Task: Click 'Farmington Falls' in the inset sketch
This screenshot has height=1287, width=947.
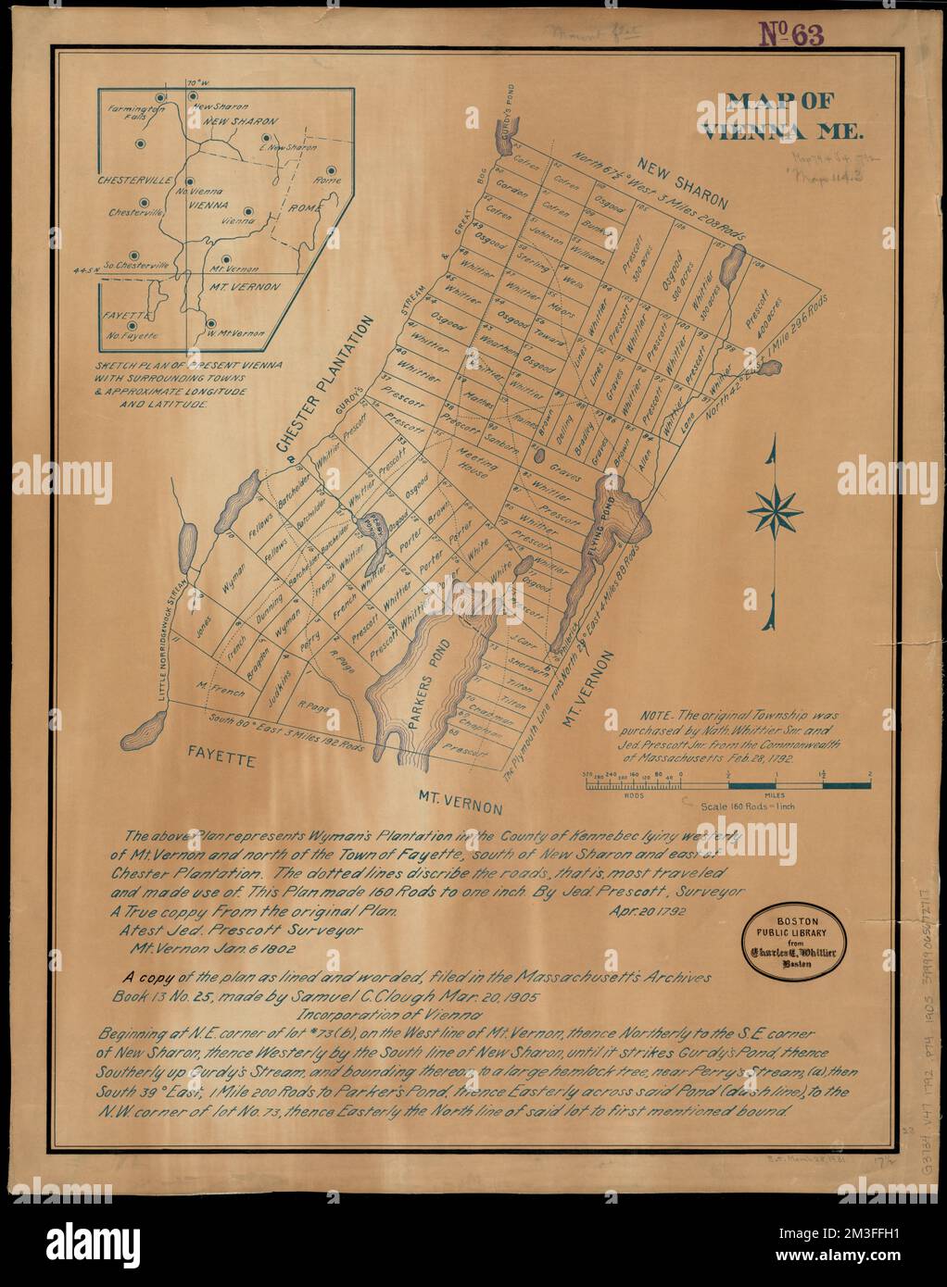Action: (133, 113)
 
